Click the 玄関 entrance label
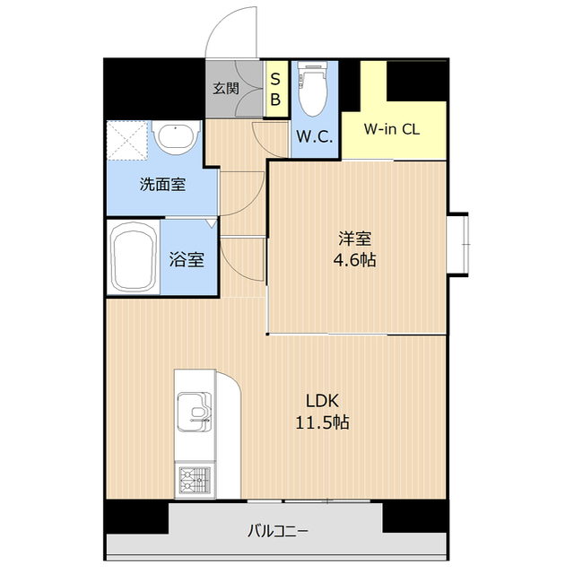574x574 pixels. pyautogui.click(x=225, y=89)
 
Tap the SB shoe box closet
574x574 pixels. pyautogui.click(x=276, y=88)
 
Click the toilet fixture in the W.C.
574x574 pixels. pyautogui.click(x=311, y=90)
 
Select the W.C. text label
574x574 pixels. pyautogui.click(x=315, y=137)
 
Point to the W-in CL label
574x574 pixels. pyautogui.click(x=391, y=128)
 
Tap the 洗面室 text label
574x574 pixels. pyautogui.click(x=162, y=185)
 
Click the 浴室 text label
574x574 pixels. pyautogui.click(x=187, y=261)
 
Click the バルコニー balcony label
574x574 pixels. pyautogui.click(x=277, y=531)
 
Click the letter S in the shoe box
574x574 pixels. pyautogui.click(x=276, y=78)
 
